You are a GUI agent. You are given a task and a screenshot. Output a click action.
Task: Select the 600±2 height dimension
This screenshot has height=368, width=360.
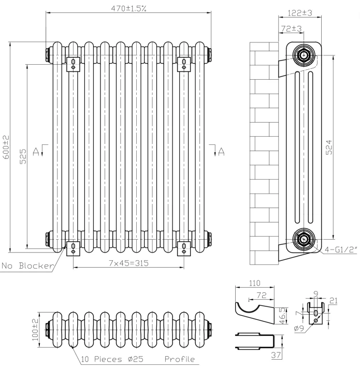6,148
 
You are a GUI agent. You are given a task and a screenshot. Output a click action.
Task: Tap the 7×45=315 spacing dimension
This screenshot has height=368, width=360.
128,263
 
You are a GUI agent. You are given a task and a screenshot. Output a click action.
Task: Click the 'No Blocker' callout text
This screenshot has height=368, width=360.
27,266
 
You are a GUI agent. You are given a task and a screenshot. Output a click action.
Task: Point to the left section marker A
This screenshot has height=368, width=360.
36,151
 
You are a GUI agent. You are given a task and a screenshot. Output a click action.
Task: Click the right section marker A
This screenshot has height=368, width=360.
221,151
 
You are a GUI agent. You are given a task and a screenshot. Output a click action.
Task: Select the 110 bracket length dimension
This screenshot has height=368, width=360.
253,284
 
